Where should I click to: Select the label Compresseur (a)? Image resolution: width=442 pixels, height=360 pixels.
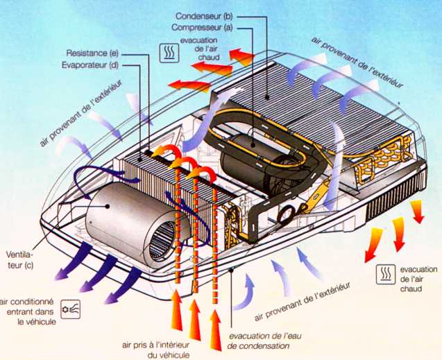click(203, 27)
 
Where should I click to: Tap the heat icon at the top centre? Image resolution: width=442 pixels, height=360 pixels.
click(167, 52)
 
